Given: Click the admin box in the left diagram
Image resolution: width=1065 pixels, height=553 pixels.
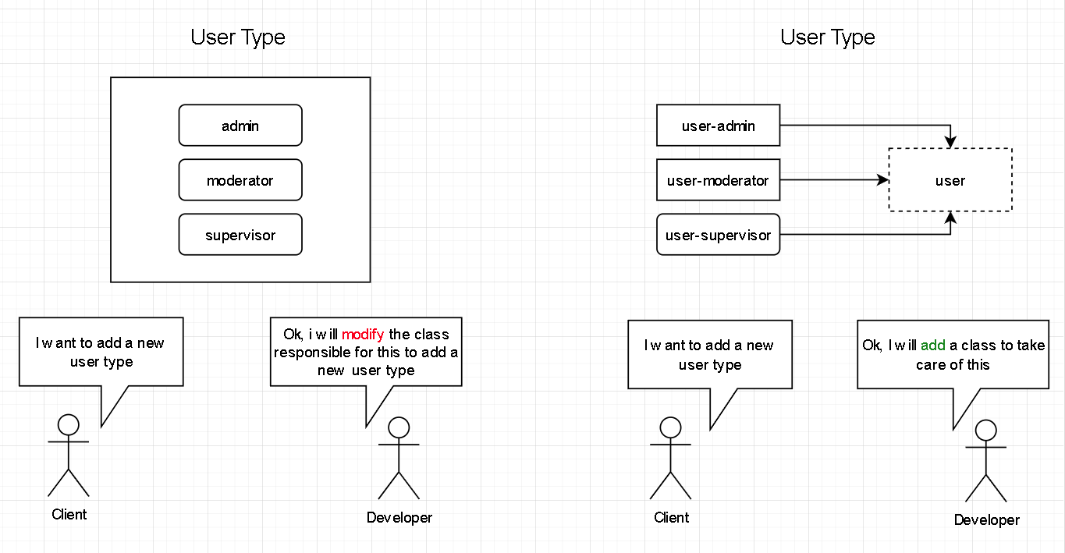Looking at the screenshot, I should (240, 126).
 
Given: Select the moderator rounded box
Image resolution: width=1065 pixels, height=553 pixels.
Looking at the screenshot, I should (240, 180).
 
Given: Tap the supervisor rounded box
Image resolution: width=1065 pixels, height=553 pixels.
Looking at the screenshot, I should (240, 235).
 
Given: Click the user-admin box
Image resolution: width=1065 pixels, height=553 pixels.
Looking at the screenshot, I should (718, 126).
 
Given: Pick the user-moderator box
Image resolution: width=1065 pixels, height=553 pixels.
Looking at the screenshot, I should (718, 180).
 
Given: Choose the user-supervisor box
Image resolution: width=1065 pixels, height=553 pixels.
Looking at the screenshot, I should (718, 235).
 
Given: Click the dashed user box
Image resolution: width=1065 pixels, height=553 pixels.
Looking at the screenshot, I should (950, 180).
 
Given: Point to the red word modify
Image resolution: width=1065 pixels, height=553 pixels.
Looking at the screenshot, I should (363, 335).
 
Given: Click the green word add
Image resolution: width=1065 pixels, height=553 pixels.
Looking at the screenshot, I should (933, 346).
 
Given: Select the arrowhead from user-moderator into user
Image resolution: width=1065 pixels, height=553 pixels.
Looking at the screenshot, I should (883, 180).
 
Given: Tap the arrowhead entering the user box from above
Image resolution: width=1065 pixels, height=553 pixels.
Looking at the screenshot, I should (950, 142).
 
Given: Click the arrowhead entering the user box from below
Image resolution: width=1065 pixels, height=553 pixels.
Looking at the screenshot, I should (950, 218).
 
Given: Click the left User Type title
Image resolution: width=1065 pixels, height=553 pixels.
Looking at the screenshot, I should (238, 37).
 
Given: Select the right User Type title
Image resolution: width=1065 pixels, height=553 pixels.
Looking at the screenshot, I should (828, 37).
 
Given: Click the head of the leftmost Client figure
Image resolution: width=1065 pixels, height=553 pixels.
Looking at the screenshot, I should (69, 424).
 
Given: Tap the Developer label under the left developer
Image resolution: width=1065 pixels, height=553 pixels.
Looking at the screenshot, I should (399, 517).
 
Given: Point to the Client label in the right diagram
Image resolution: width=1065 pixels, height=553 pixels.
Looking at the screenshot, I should (671, 517).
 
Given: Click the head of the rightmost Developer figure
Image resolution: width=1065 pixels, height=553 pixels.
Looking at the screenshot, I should (986, 430).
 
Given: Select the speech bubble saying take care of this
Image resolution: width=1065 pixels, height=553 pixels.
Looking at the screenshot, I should (953, 356).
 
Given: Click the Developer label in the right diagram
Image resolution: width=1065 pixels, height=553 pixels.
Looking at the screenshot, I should (986, 520).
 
